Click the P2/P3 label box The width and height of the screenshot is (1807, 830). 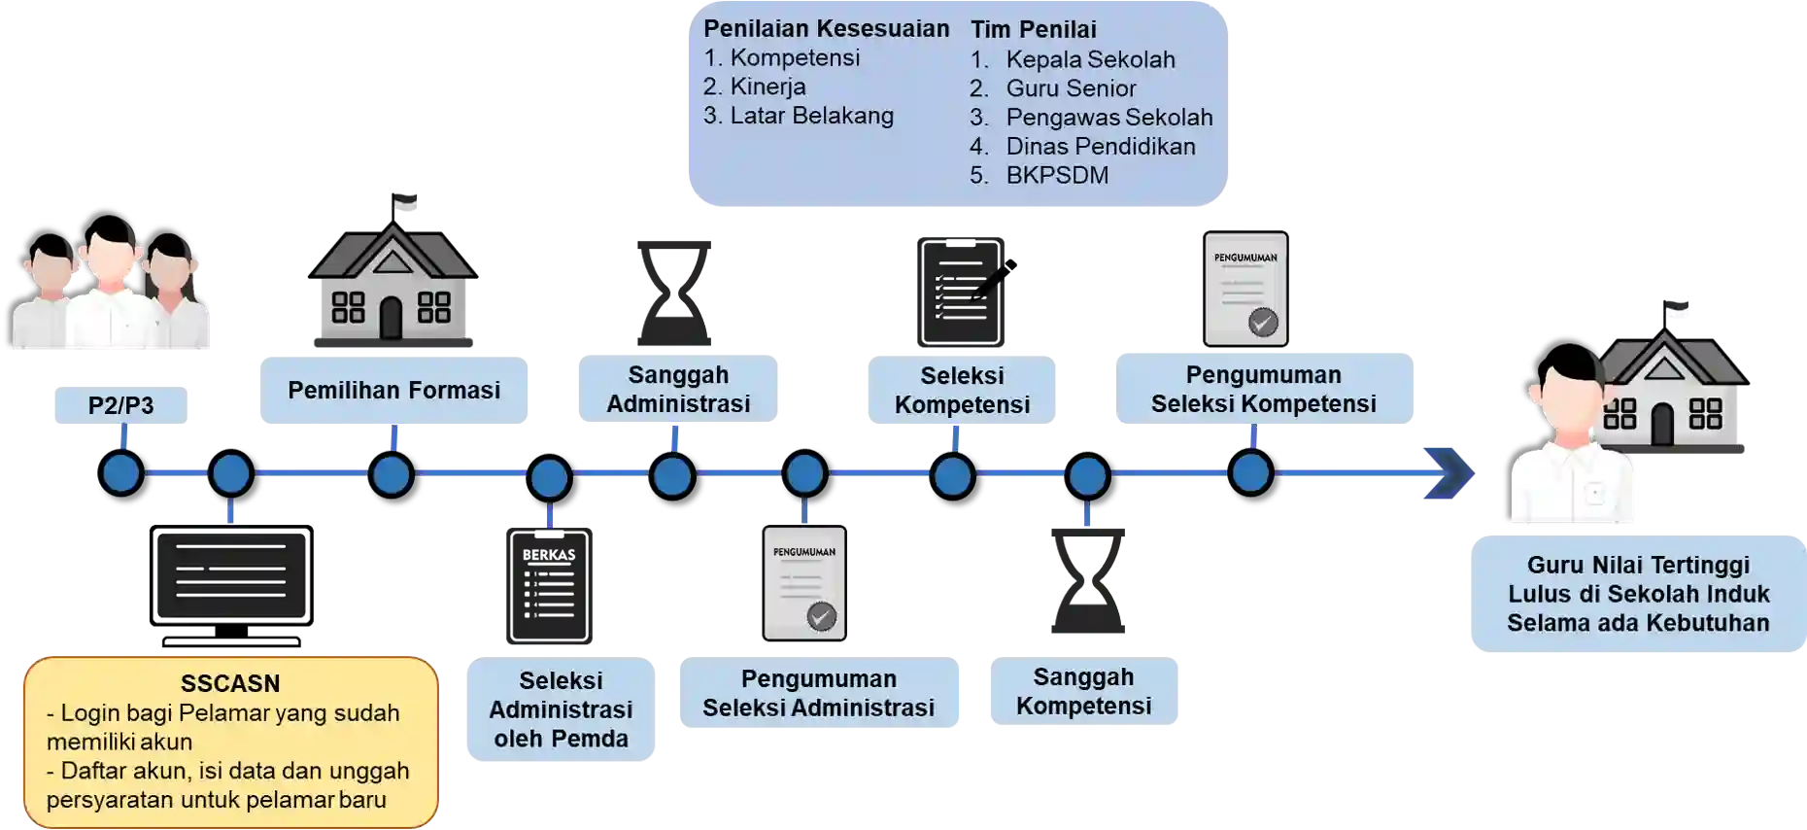pos(120,405)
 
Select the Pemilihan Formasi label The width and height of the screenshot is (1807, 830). pos(393,390)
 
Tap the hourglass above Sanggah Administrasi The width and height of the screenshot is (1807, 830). pos(674,293)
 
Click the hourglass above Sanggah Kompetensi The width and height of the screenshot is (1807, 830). pos(1087,580)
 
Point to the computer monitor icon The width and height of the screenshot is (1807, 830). pos(231,585)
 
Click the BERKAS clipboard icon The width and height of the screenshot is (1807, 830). pos(549,586)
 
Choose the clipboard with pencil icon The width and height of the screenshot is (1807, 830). pos(965,292)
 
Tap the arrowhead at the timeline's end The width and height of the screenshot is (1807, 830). pos(1449,473)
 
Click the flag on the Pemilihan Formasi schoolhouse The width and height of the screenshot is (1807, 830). pos(404,201)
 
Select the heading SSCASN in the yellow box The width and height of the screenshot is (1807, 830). pos(230,683)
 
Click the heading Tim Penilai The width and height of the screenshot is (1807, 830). pos(1033,30)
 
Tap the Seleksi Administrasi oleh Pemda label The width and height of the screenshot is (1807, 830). pos(561,709)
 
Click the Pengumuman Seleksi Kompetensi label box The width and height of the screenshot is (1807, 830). pos(1264,389)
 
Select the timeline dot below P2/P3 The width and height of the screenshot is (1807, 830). pos(121,474)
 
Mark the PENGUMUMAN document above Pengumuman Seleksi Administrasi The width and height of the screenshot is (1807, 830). pos(804,583)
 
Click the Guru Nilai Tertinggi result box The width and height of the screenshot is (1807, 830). pos(1638,594)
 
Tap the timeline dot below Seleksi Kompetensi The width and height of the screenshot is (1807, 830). pos(953,476)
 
